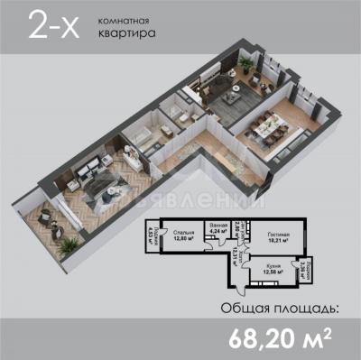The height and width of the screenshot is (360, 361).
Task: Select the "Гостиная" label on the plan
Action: click(278, 235)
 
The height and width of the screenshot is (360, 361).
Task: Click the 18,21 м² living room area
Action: click(278, 242)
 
